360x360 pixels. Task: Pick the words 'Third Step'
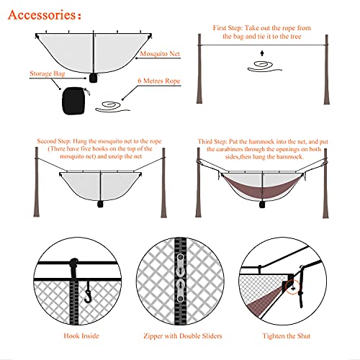(x=215, y=141)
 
